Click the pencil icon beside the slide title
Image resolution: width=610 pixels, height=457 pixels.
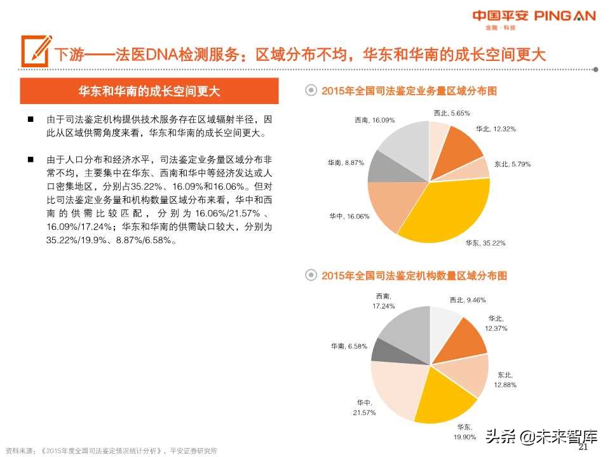point(36,50)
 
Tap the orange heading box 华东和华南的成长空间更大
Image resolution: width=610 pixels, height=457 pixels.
point(149,91)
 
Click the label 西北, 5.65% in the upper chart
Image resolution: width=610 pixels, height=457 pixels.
point(451,113)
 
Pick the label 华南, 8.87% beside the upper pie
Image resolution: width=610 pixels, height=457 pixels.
point(346,162)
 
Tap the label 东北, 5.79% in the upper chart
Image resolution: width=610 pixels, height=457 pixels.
point(512,164)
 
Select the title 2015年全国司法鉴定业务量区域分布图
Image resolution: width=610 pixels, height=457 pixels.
point(409,91)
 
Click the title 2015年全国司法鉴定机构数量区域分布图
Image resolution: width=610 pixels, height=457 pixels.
point(414,276)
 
